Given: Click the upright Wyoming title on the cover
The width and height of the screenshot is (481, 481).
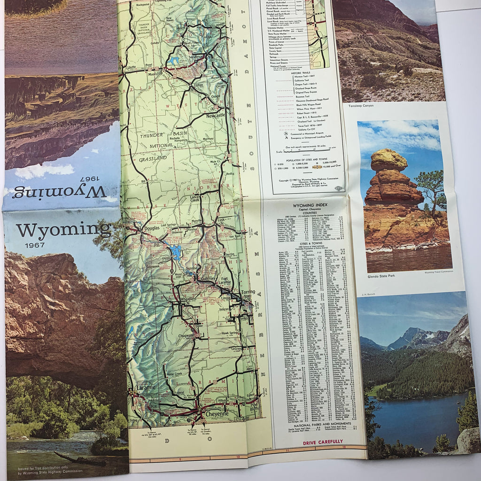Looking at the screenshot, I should [63, 231].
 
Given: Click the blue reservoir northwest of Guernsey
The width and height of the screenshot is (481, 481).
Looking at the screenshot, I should [176, 252].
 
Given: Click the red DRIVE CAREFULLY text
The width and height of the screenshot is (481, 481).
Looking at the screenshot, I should [322, 441].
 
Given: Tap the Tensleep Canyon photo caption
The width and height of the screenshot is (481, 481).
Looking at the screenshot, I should [361, 106].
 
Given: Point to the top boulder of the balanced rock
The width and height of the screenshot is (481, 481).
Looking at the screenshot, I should [388, 160].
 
